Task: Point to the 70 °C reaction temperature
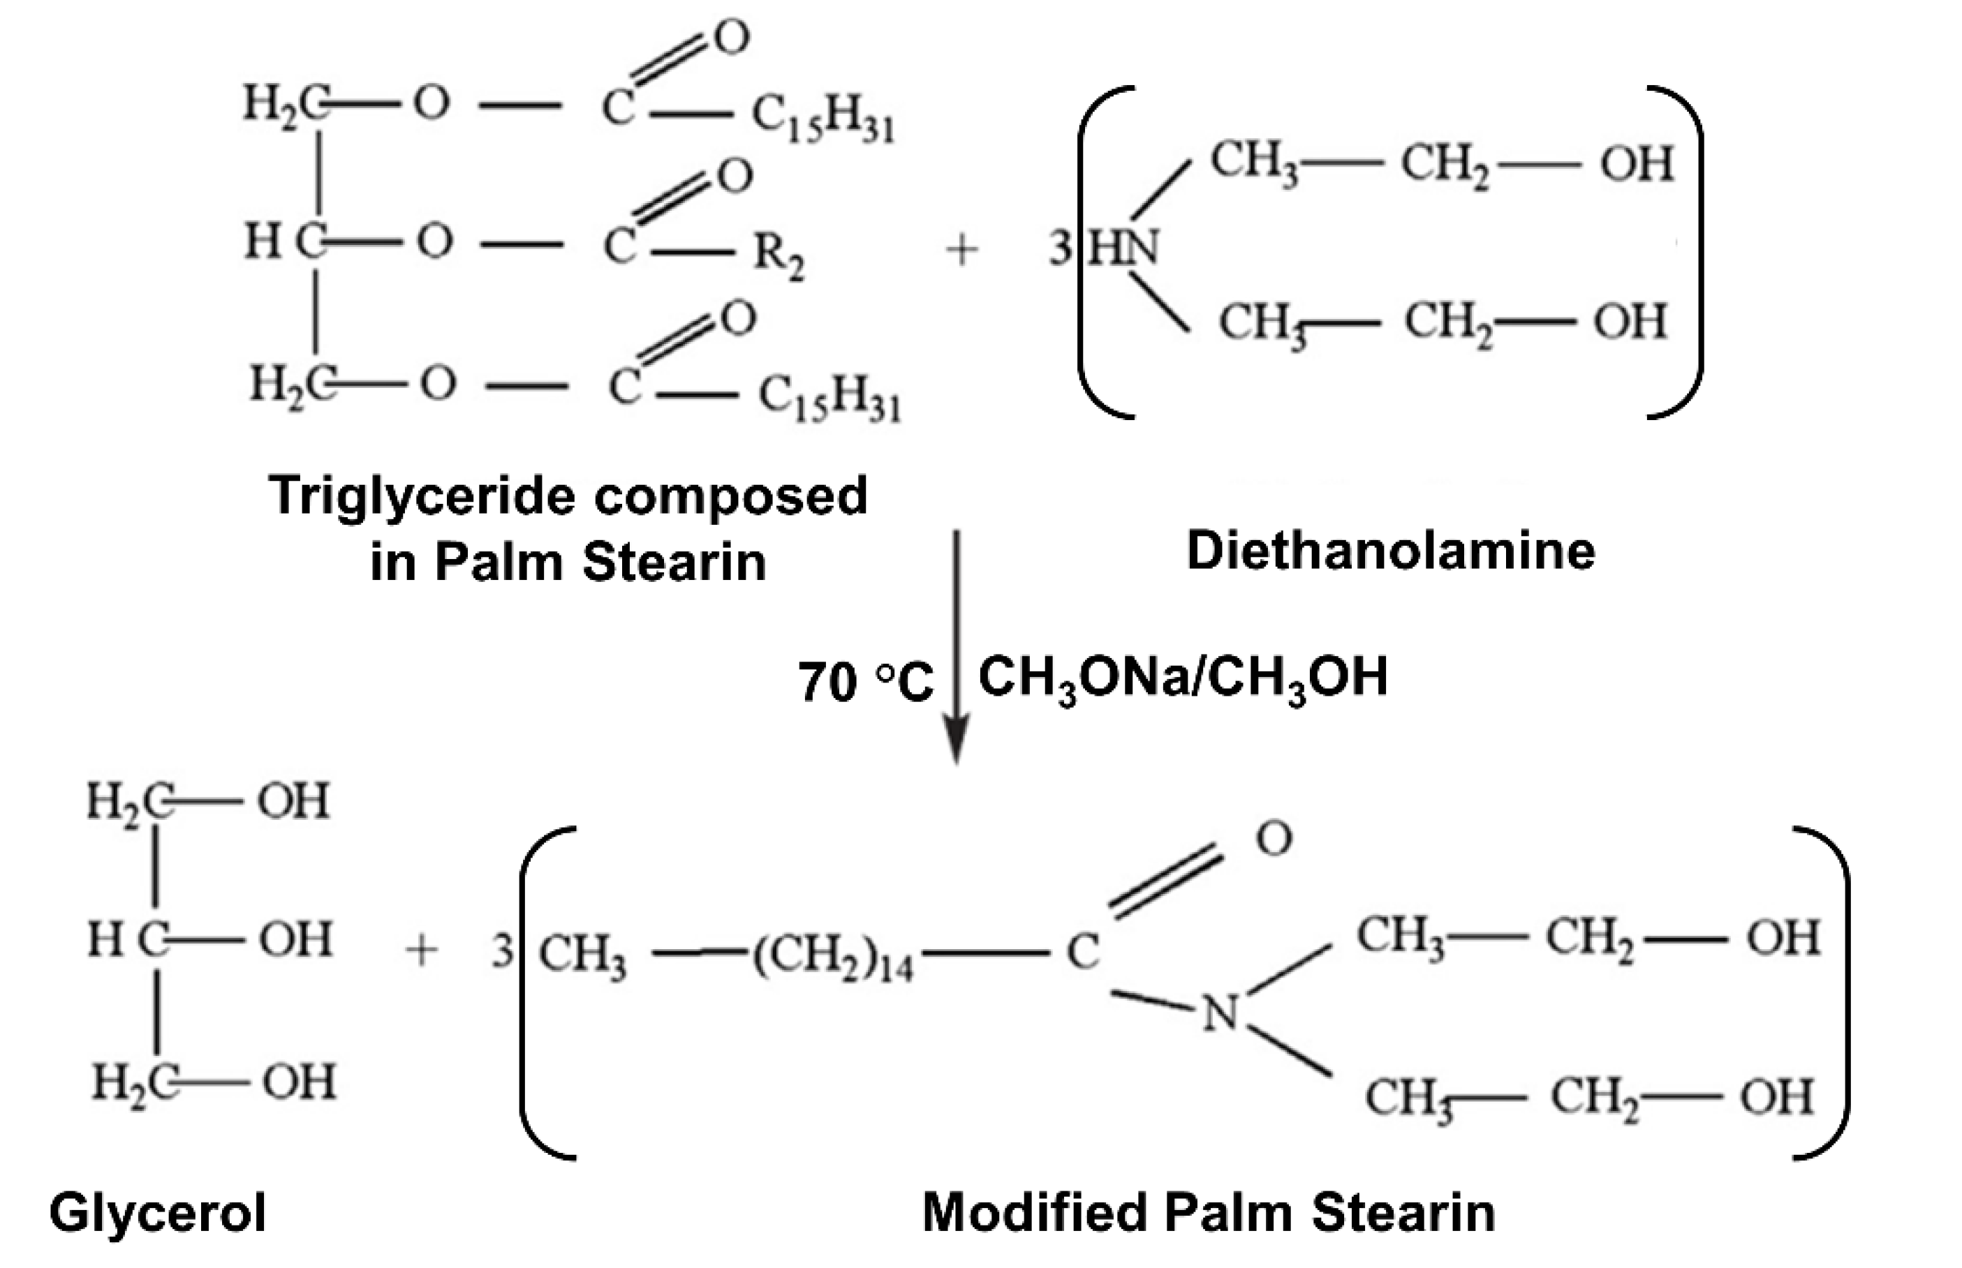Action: point(865,682)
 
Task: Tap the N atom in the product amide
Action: point(1220,1013)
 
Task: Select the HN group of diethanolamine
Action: point(1124,247)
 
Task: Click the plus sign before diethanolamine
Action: point(961,250)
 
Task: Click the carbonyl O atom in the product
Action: point(1274,839)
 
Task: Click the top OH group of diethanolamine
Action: point(1637,164)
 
